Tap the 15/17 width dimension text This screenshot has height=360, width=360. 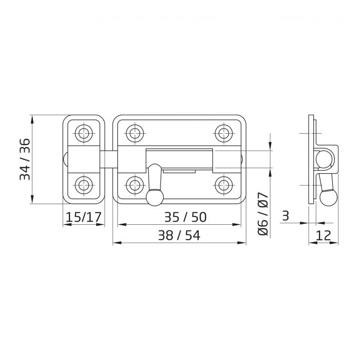point(83,218)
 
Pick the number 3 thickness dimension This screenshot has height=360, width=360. point(285,217)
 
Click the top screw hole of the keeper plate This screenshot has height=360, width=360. point(83,133)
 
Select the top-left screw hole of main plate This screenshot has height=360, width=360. point(135,133)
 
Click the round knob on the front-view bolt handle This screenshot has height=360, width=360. point(153,196)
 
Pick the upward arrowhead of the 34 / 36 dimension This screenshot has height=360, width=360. point(32,118)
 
